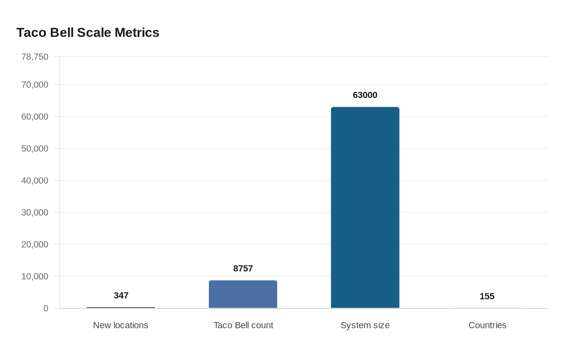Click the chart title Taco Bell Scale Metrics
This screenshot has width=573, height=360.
pyautogui.click(x=88, y=32)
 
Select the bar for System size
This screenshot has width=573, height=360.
pyautogui.click(x=365, y=207)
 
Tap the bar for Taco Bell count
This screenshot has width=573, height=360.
pyautogui.click(x=243, y=294)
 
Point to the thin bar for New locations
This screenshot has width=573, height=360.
pyautogui.click(x=121, y=307)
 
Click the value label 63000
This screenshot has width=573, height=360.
pyautogui.click(x=365, y=95)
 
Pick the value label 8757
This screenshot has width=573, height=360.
pyautogui.click(x=243, y=268)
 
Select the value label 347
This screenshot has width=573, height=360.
pyautogui.click(x=121, y=295)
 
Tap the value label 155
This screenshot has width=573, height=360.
pyautogui.click(x=487, y=296)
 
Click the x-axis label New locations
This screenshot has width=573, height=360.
pyautogui.click(x=120, y=325)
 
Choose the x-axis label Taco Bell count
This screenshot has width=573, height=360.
pyautogui.click(x=243, y=325)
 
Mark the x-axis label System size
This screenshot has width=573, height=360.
pyautogui.click(x=365, y=325)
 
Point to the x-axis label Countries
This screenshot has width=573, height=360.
pyautogui.click(x=487, y=325)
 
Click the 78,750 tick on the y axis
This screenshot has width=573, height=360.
pyautogui.click(x=35, y=57)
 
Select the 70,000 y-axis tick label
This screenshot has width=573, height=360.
pyautogui.click(x=35, y=85)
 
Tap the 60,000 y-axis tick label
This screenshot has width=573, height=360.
pyautogui.click(x=35, y=117)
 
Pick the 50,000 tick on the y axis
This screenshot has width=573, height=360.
pyautogui.click(x=35, y=148)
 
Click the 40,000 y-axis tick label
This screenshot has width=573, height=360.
pyautogui.click(x=35, y=180)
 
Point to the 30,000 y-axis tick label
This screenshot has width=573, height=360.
pyautogui.click(x=35, y=212)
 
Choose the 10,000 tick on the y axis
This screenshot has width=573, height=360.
pyautogui.click(x=35, y=277)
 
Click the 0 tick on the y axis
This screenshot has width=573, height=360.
pyautogui.click(x=46, y=308)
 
